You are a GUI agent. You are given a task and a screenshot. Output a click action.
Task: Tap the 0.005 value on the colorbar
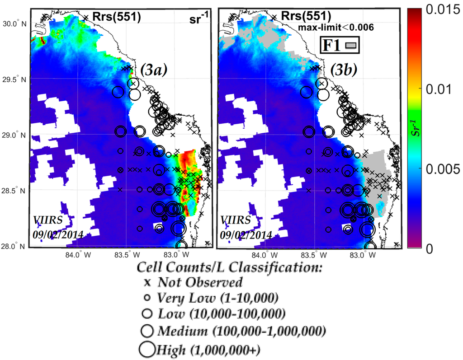(441, 168)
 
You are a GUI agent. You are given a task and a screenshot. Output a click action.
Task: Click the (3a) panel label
(154, 70)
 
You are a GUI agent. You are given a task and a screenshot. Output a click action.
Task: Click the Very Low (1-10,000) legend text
(217, 298)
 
